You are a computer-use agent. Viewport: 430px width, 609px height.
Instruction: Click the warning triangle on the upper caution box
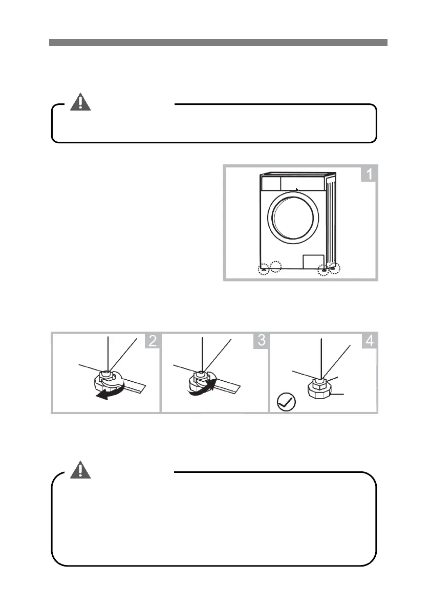pos(80,102)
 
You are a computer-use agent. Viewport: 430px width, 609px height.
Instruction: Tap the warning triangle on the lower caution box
pos(80,469)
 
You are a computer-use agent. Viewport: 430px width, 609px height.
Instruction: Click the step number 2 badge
pos(153,341)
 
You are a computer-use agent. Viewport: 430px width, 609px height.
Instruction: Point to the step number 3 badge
pos(261,341)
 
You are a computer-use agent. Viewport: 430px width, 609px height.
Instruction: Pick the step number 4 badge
pos(369,341)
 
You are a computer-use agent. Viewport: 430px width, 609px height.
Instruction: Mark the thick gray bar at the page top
pos(218,42)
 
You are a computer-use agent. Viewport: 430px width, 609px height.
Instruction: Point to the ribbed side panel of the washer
pos(332,220)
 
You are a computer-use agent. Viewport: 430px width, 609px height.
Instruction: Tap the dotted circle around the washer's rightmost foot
pos(335,267)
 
